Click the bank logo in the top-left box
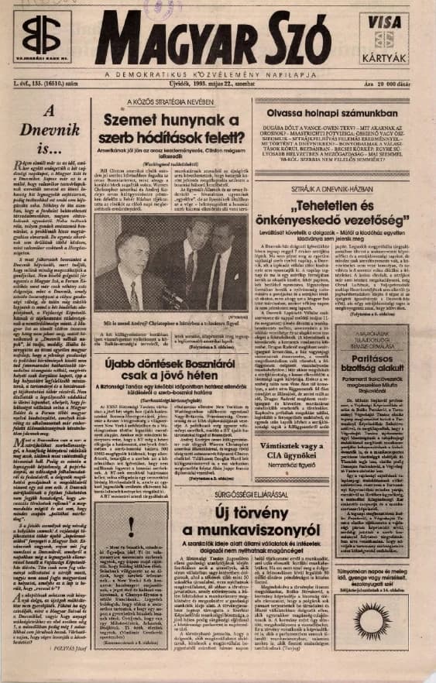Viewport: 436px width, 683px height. [41, 34]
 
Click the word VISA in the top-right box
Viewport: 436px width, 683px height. [386, 24]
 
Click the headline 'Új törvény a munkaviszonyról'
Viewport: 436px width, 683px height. [256, 513]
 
